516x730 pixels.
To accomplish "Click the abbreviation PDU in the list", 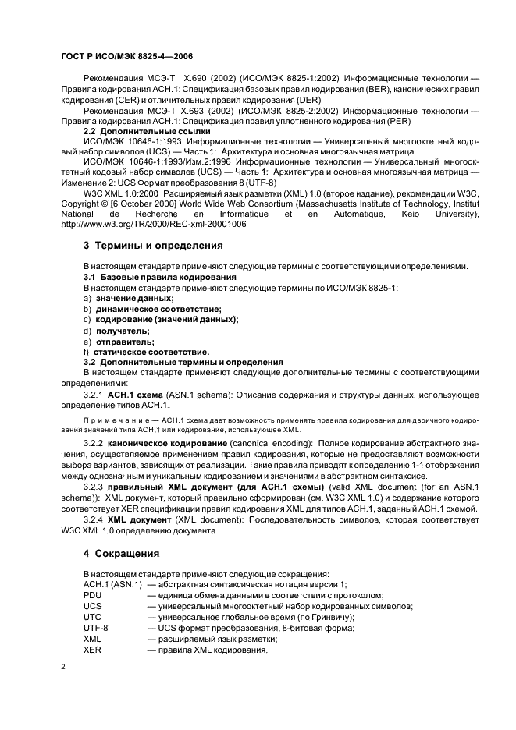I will point(93,595).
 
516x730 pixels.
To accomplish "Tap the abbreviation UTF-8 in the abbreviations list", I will point(96,628).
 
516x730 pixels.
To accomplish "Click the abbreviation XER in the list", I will point(93,650).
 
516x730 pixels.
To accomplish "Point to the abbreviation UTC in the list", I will point(92,617).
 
